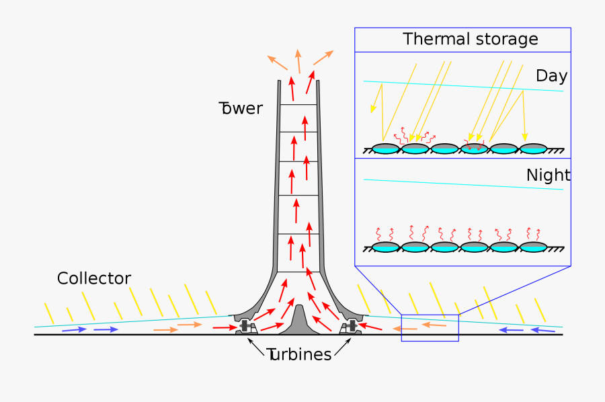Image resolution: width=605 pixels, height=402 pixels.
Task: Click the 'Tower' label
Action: [241, 108]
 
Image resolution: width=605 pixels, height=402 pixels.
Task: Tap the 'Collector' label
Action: [93, 278]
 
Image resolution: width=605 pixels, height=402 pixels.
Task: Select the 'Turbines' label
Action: [299, 355]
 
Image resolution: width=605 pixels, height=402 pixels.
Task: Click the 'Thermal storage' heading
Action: [470, 39]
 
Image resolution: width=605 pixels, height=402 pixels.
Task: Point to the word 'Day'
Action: [551, 76]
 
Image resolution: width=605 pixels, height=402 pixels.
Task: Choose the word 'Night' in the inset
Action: [548, 175]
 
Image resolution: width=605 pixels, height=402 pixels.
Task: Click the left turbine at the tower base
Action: [246, 327]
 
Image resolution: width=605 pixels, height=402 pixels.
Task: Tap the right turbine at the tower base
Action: [351, 327]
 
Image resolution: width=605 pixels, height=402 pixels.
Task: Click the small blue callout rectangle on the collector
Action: [430, 327]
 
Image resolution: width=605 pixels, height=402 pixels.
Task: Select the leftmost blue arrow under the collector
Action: [74, 330]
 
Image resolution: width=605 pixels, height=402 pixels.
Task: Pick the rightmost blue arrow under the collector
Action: [544, 330]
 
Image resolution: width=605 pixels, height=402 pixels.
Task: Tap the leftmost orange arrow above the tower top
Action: [278, 63]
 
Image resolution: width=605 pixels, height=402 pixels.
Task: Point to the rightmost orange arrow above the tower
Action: [323, 57]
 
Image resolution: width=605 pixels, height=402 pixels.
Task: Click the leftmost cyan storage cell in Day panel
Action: [386, 149]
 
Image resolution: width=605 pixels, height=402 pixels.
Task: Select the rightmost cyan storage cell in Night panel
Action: [533, 247]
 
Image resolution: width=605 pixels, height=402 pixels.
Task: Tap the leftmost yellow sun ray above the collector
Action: [48, 313]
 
